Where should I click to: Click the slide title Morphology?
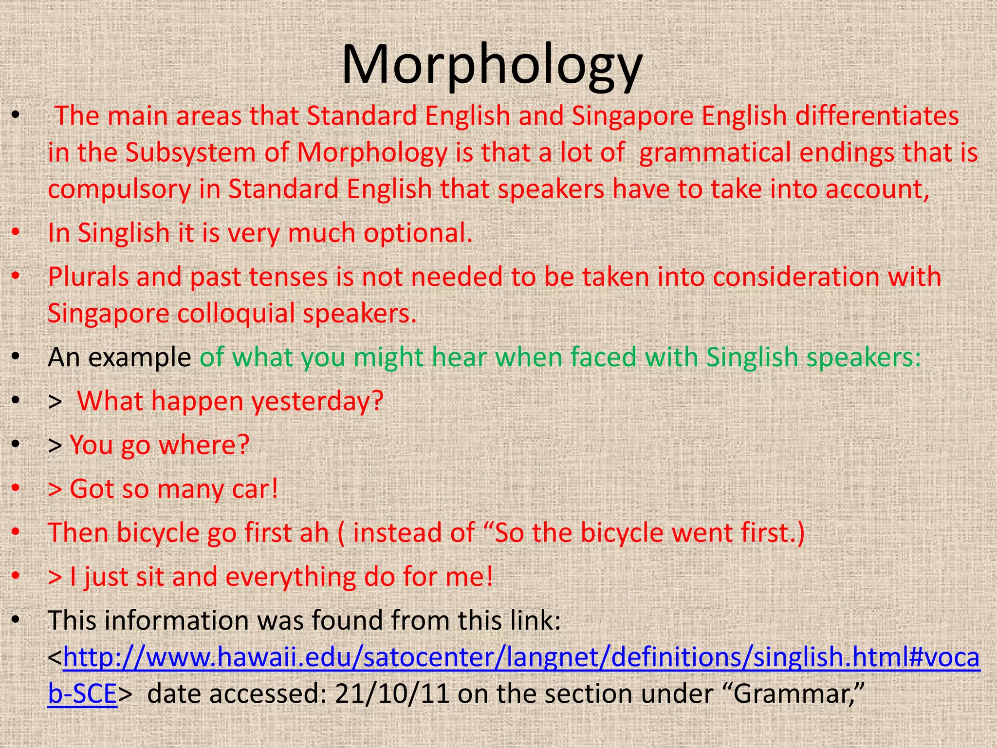(x=492, y=66)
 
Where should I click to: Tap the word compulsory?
(x=119, y=190)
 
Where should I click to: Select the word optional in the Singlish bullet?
(x=418, y=233)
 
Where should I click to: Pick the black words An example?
(x=119, y=357)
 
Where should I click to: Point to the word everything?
(x=291, y=577)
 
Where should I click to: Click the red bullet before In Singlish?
(x=16, y=232)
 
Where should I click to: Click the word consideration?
(x=796, y=277)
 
